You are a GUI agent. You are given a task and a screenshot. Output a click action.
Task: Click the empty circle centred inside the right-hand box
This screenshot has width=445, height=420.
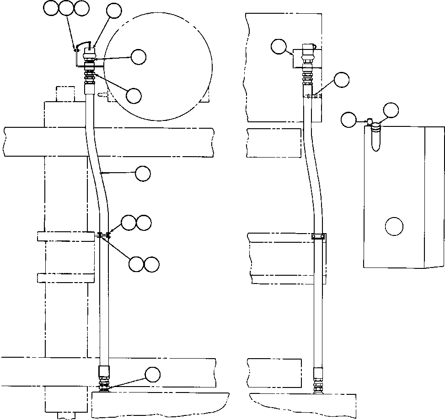click(393, 226)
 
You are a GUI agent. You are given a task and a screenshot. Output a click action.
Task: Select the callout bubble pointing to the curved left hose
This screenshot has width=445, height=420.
click(143, 174)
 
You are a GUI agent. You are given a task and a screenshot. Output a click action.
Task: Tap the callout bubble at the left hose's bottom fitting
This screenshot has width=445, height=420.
click(153, 375)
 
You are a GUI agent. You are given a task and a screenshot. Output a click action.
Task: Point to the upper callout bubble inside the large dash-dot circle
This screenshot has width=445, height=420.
click(139, 57)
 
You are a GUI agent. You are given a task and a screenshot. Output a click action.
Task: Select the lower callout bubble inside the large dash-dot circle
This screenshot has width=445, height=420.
click(134, 95)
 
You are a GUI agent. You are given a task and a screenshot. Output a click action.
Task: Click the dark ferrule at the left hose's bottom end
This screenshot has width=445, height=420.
click(105, 371)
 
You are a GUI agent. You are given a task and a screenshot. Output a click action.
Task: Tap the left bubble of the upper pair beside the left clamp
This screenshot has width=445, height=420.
click(129, 223)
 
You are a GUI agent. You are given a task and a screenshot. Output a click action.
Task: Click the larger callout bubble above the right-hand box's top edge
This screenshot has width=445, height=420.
click(391, 110)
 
